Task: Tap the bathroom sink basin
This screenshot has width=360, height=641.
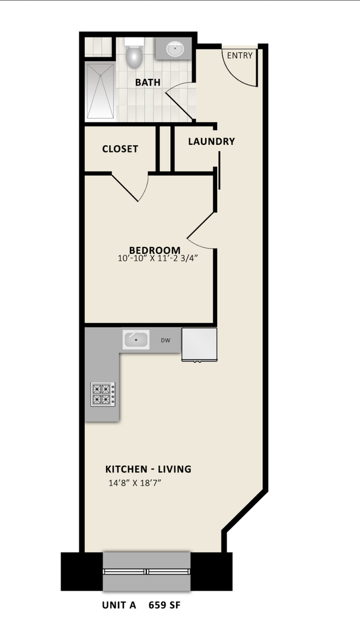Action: point(174,49)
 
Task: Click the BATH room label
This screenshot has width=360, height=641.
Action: point(148,82)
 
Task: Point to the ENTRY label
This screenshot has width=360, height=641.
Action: point(240,56)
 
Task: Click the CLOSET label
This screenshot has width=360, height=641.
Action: point(120,149)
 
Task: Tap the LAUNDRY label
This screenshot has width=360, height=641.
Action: point(211,141)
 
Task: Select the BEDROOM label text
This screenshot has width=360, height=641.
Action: point(155,250)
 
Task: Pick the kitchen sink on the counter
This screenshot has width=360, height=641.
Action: point(136,340)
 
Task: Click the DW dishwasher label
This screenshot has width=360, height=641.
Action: point(165,341)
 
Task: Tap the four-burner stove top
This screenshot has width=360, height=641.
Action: point(103,394)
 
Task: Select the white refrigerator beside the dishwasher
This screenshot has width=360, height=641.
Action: point(199,344)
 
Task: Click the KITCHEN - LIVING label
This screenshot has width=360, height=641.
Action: point(148,469)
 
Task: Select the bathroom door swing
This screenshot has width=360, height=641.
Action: point(180,100)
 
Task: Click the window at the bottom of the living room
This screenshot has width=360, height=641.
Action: point(146,571)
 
